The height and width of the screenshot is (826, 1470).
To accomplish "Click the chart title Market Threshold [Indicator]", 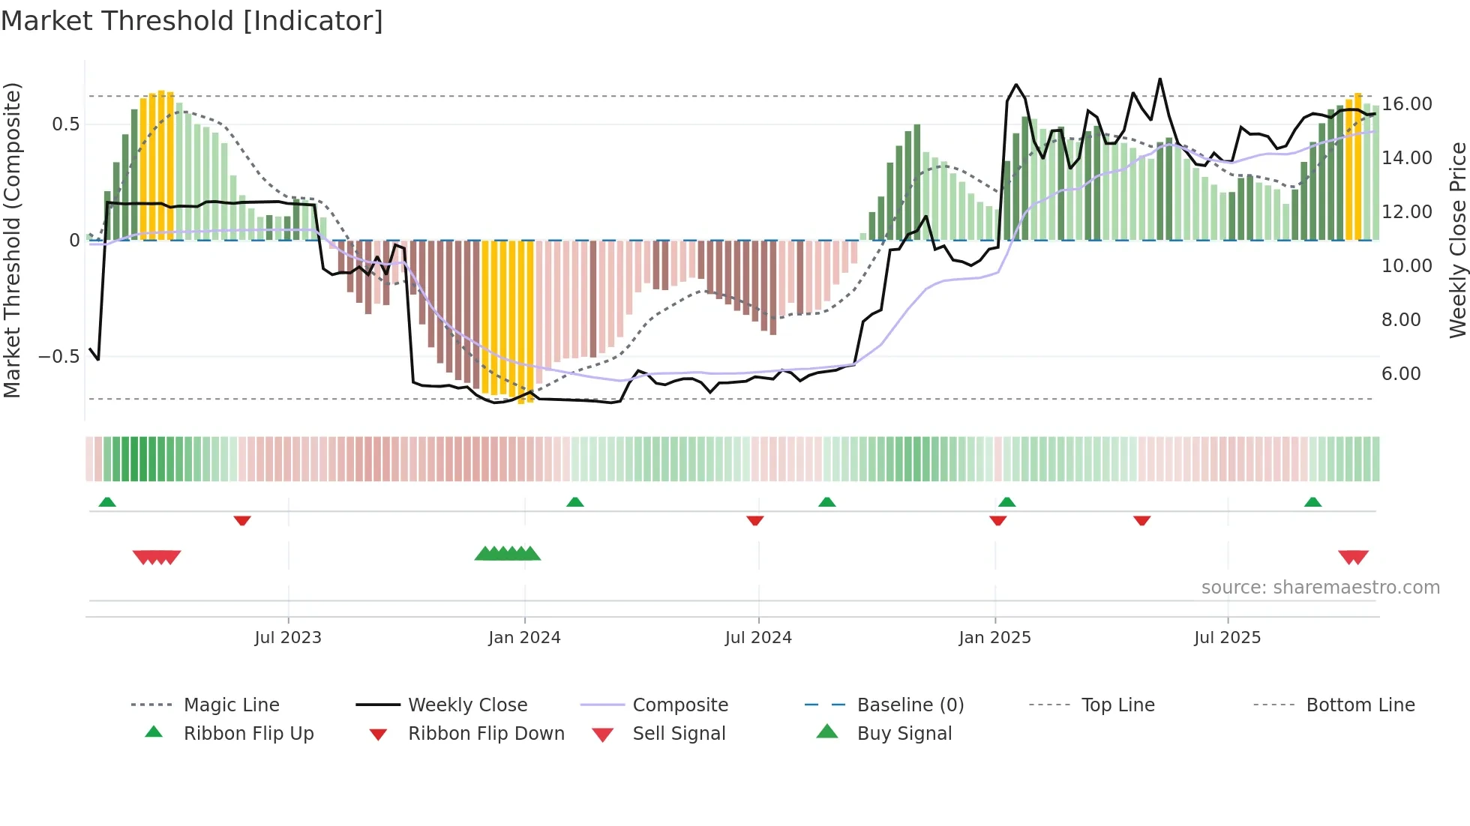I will tap(192, 21).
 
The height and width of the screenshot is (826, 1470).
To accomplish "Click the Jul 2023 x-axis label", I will tap(288, 637).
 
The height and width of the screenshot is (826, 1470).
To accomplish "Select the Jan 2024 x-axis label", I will tap(524, 637).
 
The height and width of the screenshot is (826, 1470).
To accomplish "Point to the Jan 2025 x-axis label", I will tap(994, 637).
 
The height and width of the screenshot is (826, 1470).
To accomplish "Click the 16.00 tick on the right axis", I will tap(1407, 104).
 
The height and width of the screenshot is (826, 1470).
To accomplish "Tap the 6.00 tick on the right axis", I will tap(1401, 374).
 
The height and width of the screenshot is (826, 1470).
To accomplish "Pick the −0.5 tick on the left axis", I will tap(59, 357).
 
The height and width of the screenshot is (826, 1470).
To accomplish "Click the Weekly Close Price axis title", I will tap(1457, 240).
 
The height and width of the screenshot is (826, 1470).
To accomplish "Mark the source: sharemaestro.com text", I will tap(1320, 587).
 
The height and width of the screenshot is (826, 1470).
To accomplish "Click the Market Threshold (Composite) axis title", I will tap(12, 240).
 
